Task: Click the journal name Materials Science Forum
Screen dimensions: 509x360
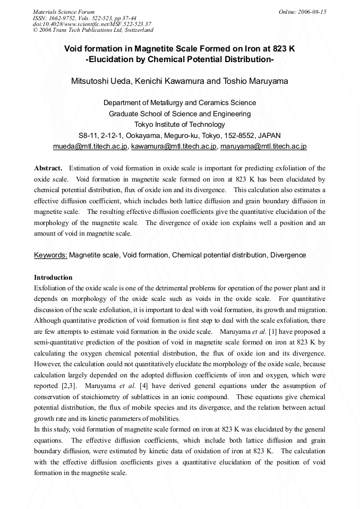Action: (x=64, y=12)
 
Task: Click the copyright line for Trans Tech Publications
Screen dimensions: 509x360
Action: (x=93, y=30)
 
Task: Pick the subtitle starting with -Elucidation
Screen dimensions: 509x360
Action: (x=179, y=60)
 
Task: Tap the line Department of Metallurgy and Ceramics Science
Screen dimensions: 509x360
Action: (x=179, y=103)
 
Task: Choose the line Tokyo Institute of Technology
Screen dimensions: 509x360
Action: (x=179, y=125)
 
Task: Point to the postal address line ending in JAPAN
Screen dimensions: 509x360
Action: (x=179, y=135)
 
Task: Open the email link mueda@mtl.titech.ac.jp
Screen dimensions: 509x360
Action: (x=90, y=146)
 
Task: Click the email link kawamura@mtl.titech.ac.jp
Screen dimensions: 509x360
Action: (x=174, y=146)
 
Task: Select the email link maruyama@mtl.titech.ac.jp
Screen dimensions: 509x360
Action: (x=263, y=146)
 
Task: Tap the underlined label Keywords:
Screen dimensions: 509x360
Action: (x=50, y=255)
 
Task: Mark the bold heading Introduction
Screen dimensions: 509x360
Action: (x=53, y=278)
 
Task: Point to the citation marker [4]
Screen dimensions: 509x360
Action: (x=143, y=386)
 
